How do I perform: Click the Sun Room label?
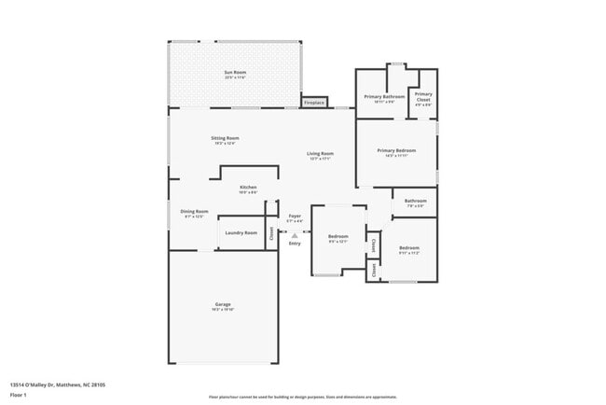coord(235,72)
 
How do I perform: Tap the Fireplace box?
coord(314,102)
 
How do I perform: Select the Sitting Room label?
coord(225,138)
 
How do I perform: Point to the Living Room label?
coord(321,153)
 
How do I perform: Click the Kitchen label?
coord(248,188)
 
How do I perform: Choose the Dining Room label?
coord(194,212)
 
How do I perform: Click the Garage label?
coord(223,305)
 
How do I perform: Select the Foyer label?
coord(295,216)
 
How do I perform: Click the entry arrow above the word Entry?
coord(295,235)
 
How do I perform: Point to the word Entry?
coord(295,244)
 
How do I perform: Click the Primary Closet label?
coord(423,95)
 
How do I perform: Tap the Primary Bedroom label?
coord(396,151)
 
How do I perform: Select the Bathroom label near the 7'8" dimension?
coord(415,201)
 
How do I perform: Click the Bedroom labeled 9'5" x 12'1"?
coord(337,237)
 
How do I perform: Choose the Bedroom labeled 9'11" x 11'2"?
coord(409,248)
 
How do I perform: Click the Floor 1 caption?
coord(19,395)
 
